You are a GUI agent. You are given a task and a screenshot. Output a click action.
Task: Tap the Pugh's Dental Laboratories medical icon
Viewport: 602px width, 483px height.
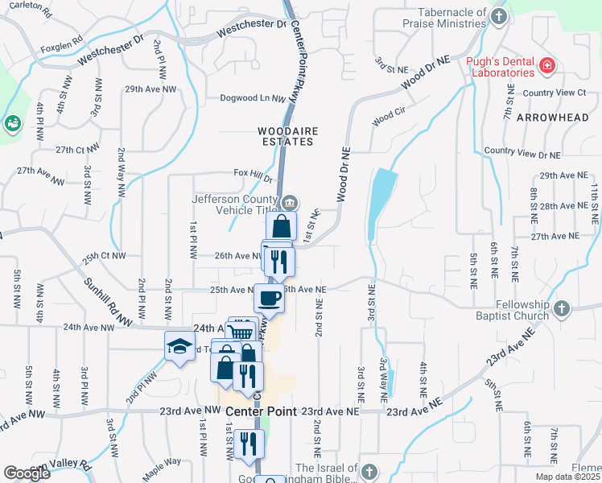tap(547, 64)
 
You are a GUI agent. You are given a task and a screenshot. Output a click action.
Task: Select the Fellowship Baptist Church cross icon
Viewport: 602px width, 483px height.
tap(561, 308)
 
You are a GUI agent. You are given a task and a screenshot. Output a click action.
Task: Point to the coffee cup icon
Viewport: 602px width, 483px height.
tap(269, 298)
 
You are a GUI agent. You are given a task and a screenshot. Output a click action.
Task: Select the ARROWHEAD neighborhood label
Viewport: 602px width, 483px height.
tap(551, 118)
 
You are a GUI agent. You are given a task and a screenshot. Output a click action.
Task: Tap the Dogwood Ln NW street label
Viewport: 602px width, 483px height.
tap(253, 98)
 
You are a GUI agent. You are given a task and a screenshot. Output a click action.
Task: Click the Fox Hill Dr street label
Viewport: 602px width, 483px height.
tap(254, 173)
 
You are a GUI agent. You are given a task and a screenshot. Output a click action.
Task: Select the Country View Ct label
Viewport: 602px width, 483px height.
tap(554, 93)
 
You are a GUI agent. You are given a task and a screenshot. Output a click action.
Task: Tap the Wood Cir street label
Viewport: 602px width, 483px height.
tap(386, 121)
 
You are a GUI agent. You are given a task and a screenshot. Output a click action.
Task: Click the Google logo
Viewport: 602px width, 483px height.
tap(27, 473)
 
